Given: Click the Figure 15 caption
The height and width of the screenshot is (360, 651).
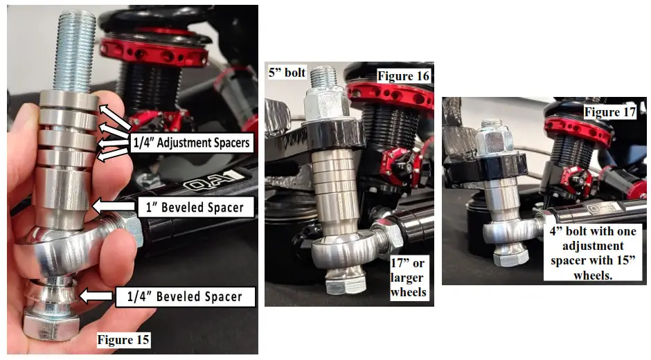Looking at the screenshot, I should coord(123,340).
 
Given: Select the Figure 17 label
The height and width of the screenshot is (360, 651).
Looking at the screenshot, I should coord(609,111).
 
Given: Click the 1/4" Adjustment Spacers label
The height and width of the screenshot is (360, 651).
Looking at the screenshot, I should coord(190,143).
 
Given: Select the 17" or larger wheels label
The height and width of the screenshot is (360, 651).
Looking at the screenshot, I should coord(408,278).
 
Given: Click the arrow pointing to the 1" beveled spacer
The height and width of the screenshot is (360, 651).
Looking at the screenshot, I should coord(113,206).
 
